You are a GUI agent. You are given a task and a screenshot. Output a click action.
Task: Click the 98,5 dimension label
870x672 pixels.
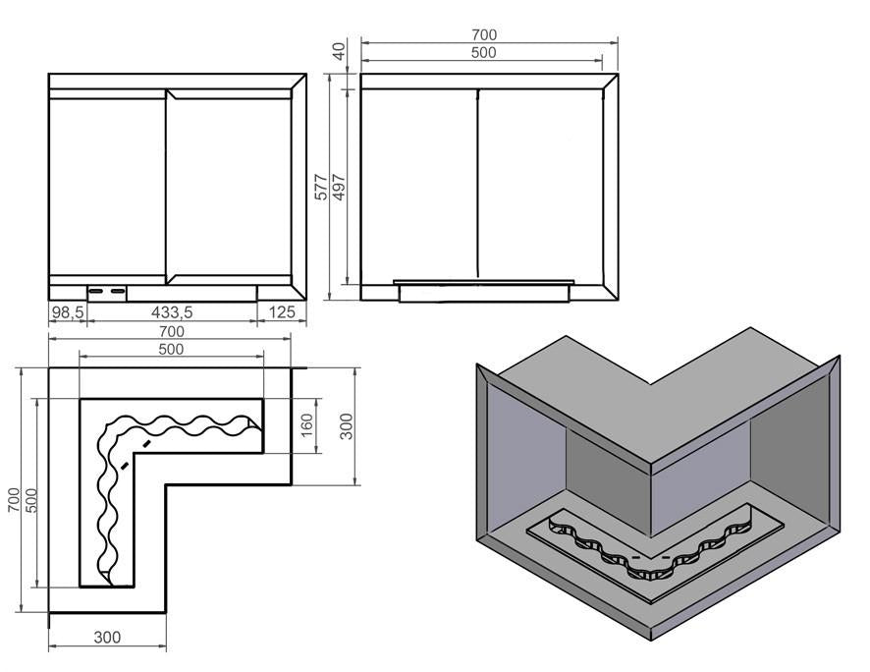click(x=69, y=312)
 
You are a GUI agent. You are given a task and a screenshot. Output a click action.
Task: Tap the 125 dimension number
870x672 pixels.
click(x=282, y=312)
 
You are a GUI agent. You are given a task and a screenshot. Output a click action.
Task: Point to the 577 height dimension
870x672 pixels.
click(x=321, y=187)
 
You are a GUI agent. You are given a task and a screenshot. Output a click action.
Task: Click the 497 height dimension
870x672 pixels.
click(x=339, y=187)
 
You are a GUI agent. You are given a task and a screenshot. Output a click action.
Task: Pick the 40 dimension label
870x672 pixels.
click(x=340, y=51)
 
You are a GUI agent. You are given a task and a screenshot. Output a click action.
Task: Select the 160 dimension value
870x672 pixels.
click(x=305, y=426)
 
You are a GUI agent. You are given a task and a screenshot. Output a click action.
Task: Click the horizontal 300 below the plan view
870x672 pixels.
click(x=107, y=637)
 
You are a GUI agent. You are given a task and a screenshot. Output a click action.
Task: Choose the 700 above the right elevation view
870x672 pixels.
click(x=484, y=35)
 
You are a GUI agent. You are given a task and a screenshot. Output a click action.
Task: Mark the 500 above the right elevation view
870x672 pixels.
click(x=484, y=53)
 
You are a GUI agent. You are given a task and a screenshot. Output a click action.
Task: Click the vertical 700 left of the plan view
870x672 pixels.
click(x=13, y=501)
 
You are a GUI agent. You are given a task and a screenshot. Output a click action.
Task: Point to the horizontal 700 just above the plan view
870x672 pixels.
click(x=171, y=331)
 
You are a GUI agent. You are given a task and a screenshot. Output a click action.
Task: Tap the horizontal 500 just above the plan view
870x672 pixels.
click(x=171, y=349)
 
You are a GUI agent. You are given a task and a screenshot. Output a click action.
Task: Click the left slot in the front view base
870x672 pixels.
click(x=97, y=292)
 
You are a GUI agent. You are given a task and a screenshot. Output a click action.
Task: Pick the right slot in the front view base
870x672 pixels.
click(x=117, y=292)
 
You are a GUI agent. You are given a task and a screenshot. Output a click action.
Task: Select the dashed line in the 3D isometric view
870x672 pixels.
click(x=649, y=557)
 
